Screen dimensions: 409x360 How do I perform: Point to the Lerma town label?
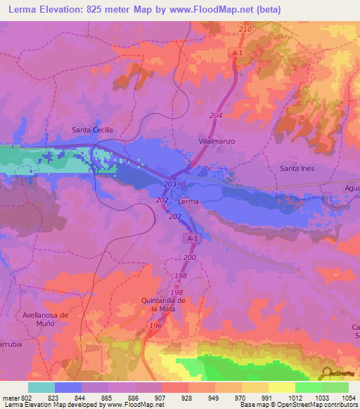[x=188, y=202]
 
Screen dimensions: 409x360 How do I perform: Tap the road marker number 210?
[x=245, y=29]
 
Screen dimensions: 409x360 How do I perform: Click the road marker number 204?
[x=216, y=115]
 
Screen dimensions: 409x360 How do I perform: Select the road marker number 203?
[x=169, y=184]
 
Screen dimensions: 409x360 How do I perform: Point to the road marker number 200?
[x=189, y=258]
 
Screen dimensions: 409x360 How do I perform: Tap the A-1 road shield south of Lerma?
[x=193, y=239]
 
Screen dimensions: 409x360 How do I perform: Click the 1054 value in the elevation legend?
[x=348, y=397]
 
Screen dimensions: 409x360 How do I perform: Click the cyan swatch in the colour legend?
[x=41, y=387]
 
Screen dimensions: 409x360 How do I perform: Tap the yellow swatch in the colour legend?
[x=282, y=387]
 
